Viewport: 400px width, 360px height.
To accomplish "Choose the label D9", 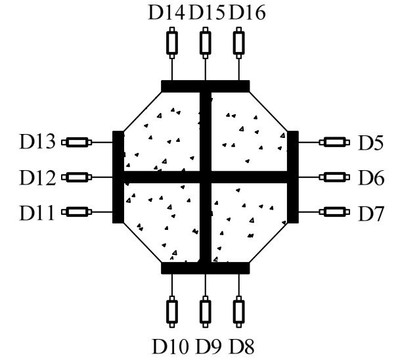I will pyautogui.click(x=206, y=344).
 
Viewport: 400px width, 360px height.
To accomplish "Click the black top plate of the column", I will pyautogui.click(x=205, y=86).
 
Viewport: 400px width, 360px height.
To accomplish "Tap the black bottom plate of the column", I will pyautogui.click(x=205, y=267).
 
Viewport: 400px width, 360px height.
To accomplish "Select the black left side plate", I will pyautogui.click(x=118, y=177).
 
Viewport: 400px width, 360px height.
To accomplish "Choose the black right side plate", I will pyautogui.click(x=293, y=177).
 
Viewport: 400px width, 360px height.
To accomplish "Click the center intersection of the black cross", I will pyautogui.click(x=206, y=177).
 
